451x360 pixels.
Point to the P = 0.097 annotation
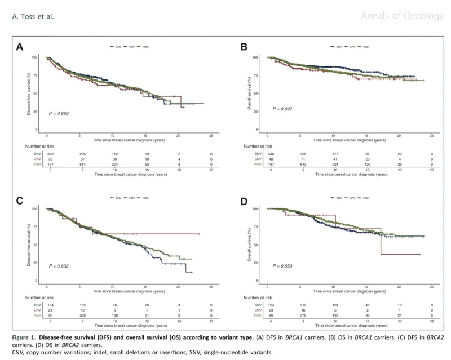click(x=283, y=109)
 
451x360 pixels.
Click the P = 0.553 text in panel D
click(x=283, y=265)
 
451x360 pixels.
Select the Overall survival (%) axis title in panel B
click(x=250, y=94)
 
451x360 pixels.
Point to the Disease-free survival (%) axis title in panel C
click(x=29, y=244)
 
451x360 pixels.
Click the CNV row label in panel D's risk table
click(x=258, y=310)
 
